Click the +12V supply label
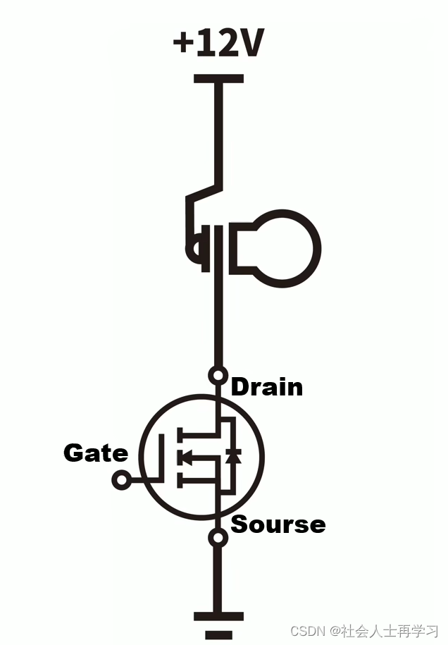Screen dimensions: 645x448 (x=218, y=44)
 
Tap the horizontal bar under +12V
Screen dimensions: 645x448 (x=218, y=79)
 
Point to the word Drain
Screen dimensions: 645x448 (x=267, y=387)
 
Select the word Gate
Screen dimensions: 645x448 (x=96, y=453)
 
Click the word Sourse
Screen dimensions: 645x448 (x=278, y=524)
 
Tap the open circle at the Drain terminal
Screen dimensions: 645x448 (x=219, y=375)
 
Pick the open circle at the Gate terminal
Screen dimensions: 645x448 (x=121, y=481)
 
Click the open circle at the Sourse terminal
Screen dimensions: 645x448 (x=220, y=538)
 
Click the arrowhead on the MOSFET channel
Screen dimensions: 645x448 (x=185, y=457)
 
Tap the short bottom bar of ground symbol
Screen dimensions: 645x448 (x=218, y=634)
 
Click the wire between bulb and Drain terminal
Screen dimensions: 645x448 (x=219, y=324)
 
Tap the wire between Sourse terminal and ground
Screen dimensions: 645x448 (x=220, y=578)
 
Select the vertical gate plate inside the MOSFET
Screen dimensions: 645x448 (x=162, y=458)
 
